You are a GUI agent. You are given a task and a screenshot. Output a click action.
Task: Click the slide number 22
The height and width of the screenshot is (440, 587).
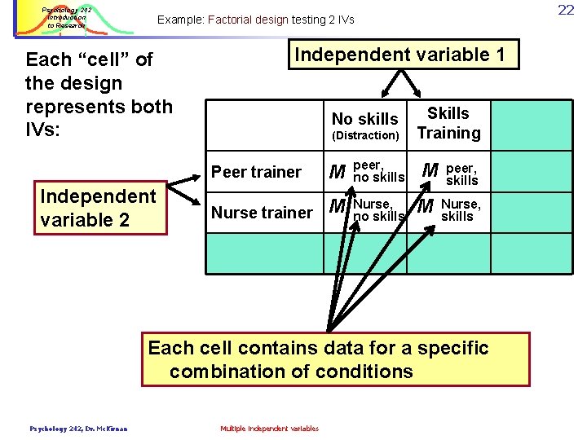(x=567, y=10)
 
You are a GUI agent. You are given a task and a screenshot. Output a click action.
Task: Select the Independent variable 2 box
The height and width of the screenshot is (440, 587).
(x=100, y=208)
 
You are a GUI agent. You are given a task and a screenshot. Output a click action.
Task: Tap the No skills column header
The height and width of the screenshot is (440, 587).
(x=364, y=119)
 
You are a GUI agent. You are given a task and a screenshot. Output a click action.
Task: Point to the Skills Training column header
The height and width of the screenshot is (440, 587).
(x=448, y=123)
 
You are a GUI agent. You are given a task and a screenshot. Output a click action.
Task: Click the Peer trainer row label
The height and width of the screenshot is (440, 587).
(x=256, y=172)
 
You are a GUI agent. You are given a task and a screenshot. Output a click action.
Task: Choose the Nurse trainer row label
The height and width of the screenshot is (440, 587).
(x=262, y=213)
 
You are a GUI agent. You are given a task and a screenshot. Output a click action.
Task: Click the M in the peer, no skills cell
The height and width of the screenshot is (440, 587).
(x=336, y=172)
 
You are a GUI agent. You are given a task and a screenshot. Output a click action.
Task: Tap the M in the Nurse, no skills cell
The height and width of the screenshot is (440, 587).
(x=338, y=207)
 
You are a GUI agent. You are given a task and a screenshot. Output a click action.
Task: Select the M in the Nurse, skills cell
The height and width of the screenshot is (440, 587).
(x=425, y=208)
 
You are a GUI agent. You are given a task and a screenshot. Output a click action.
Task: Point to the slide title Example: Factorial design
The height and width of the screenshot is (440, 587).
(x=255, y=20)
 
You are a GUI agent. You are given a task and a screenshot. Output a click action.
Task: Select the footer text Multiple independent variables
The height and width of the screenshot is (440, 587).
(x=269, y=429)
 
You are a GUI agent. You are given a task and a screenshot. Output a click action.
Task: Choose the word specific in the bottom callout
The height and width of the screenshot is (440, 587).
(x=450, y=348)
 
